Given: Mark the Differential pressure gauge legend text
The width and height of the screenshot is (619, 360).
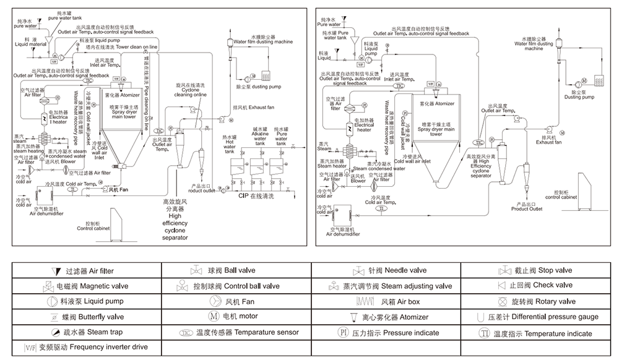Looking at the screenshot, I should (552, 317).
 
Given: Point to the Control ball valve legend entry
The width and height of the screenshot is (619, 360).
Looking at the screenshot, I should (236, 286).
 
